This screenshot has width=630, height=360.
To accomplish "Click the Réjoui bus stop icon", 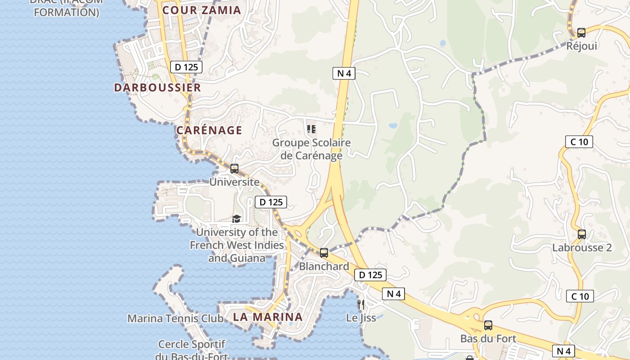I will click(x=581, y=33).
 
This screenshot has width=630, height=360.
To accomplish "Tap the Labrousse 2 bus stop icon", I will click(x=582, y=234).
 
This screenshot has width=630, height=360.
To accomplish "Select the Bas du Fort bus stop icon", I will click(x=488, y=325).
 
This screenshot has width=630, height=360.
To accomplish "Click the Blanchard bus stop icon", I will click(x=324, y=253).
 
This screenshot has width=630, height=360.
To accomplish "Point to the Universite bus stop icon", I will click(x=234, y=169).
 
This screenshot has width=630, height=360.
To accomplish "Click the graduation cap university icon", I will click(x=236, y=219).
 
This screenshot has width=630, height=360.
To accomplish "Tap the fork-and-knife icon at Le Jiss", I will click(x=360, y=305).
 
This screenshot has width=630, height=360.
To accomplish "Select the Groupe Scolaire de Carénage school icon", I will click(x=311, y=130).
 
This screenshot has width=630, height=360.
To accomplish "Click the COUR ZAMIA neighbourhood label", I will click(x=202, y=10).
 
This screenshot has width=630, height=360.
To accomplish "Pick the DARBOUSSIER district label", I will click(x=157, y=88).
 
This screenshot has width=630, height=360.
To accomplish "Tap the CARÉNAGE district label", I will click(x=209, y=130).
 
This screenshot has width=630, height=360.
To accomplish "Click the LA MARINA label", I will click(x=268, y=317).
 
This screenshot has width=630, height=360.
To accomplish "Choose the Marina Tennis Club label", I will click(x=175, y=319).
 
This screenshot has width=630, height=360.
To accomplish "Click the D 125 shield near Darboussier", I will click(x=186, y=67).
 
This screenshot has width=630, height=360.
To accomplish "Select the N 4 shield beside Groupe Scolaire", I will click(x=344, y=73).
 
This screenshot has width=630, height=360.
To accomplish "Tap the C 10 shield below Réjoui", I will click(x=579, y=142).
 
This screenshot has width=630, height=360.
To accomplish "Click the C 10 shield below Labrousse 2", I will click(x=580, y=296).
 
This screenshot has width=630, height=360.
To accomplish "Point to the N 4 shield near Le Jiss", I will click(x=393, y=294).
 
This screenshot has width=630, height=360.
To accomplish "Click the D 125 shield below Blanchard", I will click(x=370, y=275).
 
